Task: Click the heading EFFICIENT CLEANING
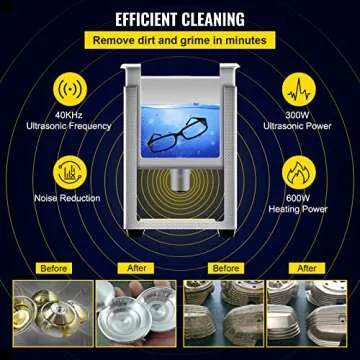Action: [180, 17]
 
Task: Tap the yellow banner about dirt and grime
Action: [180, 40]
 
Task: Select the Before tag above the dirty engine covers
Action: [226, 268]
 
